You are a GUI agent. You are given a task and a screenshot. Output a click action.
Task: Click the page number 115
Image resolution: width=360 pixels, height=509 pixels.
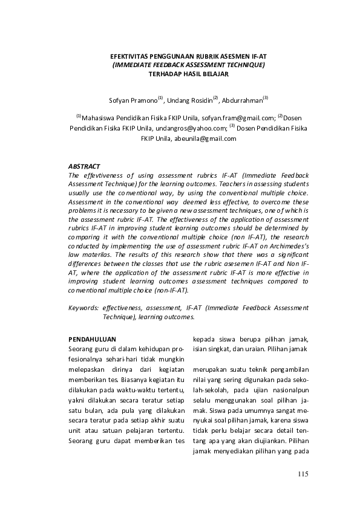pos(303,473)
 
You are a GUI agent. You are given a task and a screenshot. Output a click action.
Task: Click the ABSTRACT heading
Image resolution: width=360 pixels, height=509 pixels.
pos(85,166)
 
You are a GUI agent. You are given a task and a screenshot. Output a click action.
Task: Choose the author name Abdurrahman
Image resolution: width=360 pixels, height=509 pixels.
pos(241,99)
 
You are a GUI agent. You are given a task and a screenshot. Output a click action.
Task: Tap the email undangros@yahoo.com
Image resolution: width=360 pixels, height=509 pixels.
pos(196,128)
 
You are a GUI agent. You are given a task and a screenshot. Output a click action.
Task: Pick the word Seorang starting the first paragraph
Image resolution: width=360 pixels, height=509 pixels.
pos(82,350)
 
